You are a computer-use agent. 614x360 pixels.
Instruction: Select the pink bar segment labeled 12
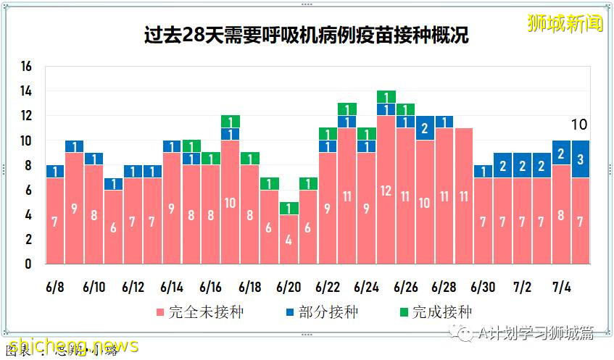pyautogui.click(x=386, y=190)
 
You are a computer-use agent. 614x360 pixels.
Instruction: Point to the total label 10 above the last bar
pyautogui.click(x=578, y=125)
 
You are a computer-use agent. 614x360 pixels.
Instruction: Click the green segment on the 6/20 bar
pyautogui.click(x=289, y=209)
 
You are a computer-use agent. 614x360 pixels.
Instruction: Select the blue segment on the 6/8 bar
pyautogui.click(x=55, y=171)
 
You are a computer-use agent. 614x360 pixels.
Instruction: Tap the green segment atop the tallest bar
pyautogui.click(x=386, y=97)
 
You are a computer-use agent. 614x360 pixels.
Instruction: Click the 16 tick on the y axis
pyautogui.click(x=27, y=67)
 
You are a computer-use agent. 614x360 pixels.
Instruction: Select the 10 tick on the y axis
pyautogui.click(x=27, y=141)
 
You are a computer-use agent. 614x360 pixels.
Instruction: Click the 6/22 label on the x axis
pyautogui.click(x=328, y=287)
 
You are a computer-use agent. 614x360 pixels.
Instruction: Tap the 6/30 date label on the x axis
pyautogui.click(x=483, y=287)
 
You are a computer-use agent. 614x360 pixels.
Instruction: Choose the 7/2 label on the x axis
pyautogui.click(x=522, y=287)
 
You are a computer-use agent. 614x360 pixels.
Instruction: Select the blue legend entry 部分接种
pyautogui.click(x=326, y=313)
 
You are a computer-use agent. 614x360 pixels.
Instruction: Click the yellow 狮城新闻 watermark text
pyautogui.click(x=565, y=23)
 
